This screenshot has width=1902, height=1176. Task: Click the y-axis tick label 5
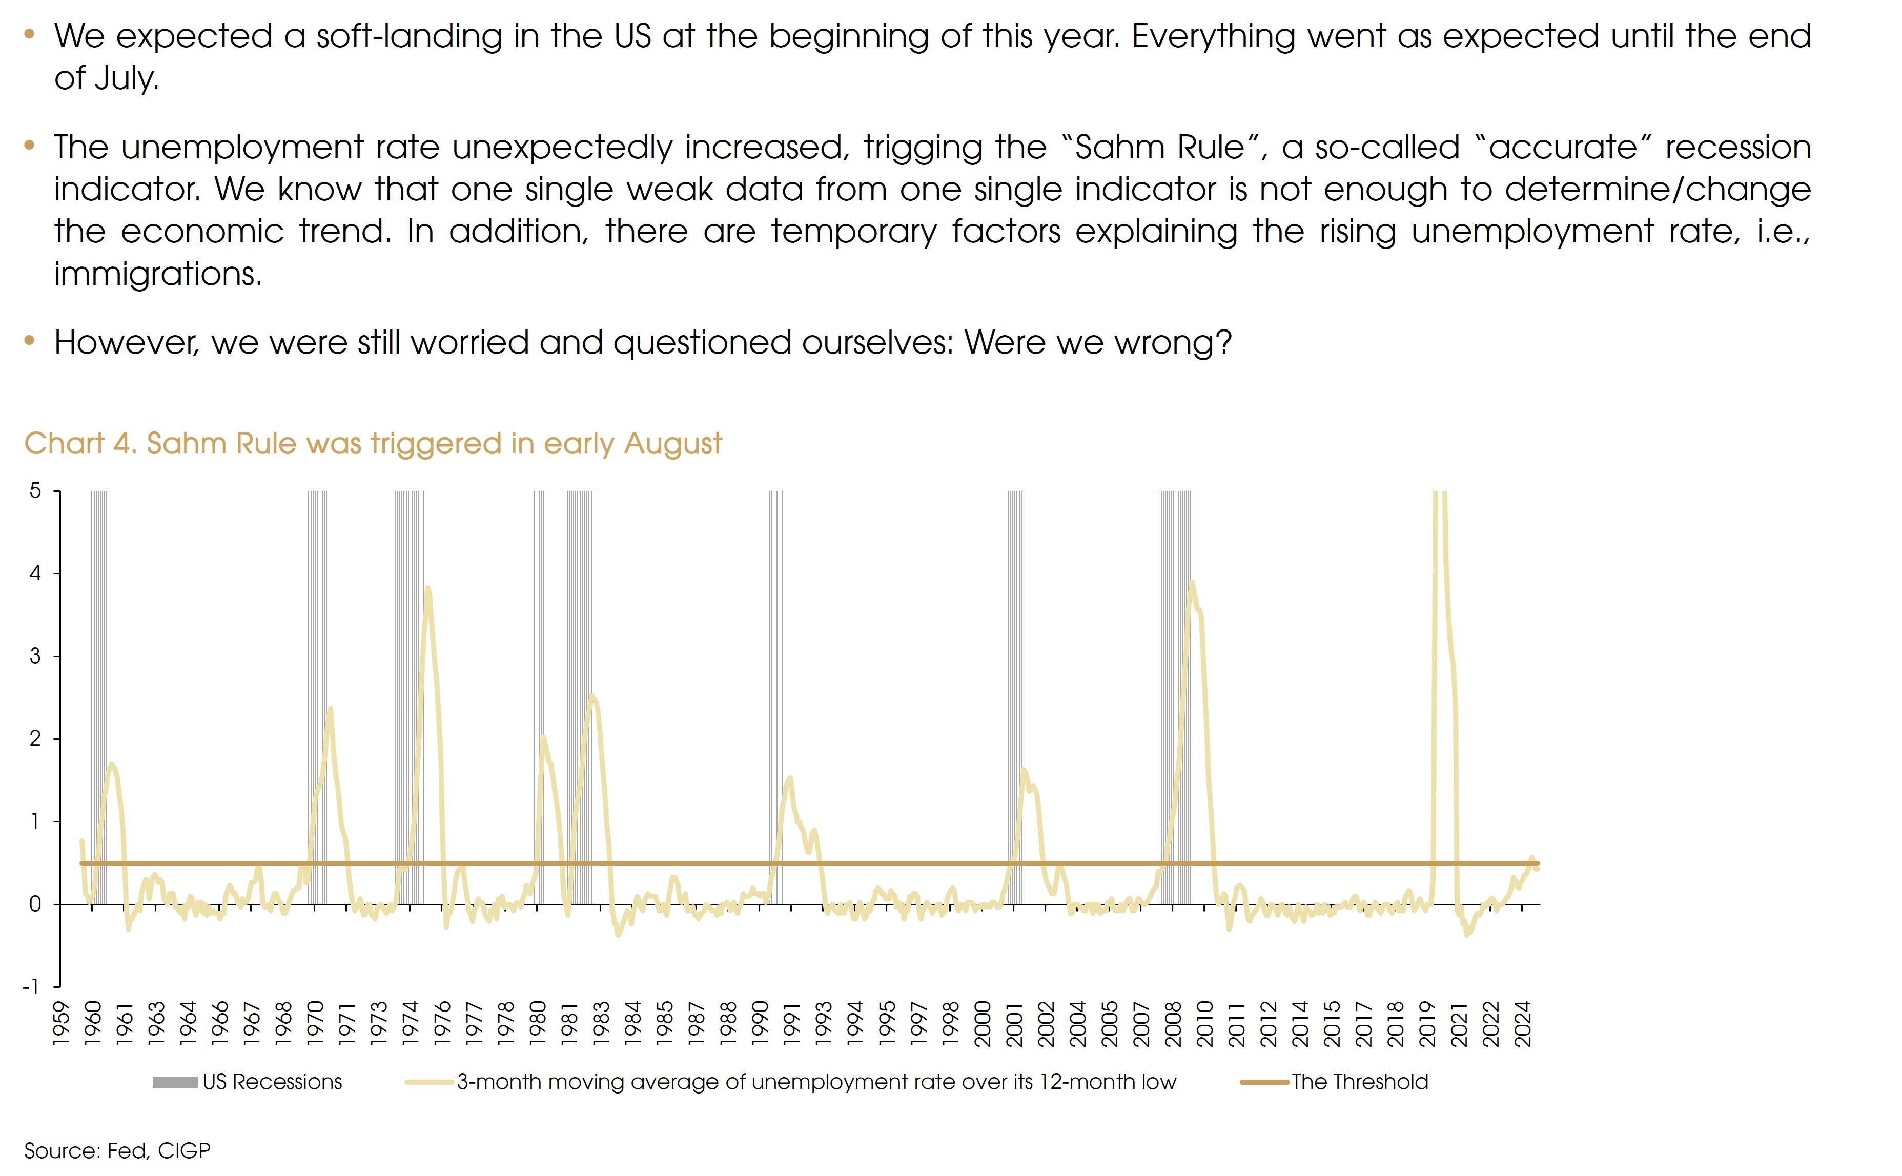(x=35, y=491)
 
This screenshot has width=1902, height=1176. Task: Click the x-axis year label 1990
(x=760, y=1024)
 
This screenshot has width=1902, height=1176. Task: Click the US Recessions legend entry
(x=272, y=1082)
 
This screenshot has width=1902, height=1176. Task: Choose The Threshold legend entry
(x=1359, y=1082)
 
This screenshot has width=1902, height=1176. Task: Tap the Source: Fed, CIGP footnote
(x=117, y=1150)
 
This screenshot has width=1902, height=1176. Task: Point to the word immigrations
(x=158, y=274)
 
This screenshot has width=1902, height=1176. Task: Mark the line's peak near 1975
(x=427, y=588)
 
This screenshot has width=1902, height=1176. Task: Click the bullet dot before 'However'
(x=30, y=340)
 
